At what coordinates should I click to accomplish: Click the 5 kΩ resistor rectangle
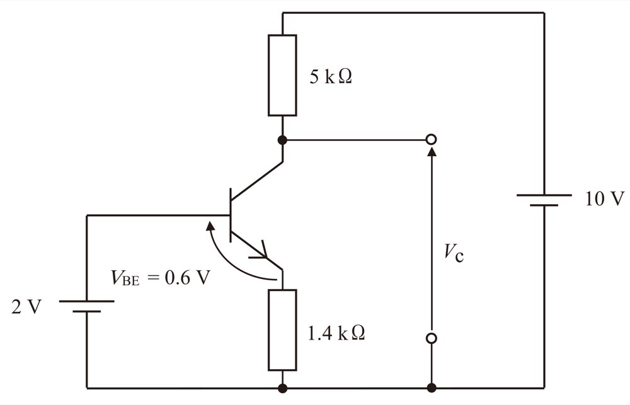[x=282, y=76]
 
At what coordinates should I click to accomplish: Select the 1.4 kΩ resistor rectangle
[x=282, y=330]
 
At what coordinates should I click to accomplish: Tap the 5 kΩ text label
[x=330, y=76]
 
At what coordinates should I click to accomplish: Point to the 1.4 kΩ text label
[x=336, y=333]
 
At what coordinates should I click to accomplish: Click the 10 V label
[x=604, y=198]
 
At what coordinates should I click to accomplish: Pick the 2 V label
[x=26, y=307]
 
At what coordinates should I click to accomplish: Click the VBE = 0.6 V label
[x=160, y=277]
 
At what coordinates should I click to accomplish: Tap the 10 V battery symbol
[x=544, y=200]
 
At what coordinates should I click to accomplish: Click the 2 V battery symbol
[x=87, y=306]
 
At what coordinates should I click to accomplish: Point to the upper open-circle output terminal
[x=431, y=139]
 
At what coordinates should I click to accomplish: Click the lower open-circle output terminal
[x=431, y=338]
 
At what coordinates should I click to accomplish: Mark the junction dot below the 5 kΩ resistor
[x=282, y=140]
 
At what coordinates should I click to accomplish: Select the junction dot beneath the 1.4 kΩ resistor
[x=282, y=388]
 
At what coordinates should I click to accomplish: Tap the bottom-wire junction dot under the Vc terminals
[x=432, y=388]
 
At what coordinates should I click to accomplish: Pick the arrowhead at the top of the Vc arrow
[x=432, y=151]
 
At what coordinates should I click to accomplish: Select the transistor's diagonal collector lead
[x=257, y=180]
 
